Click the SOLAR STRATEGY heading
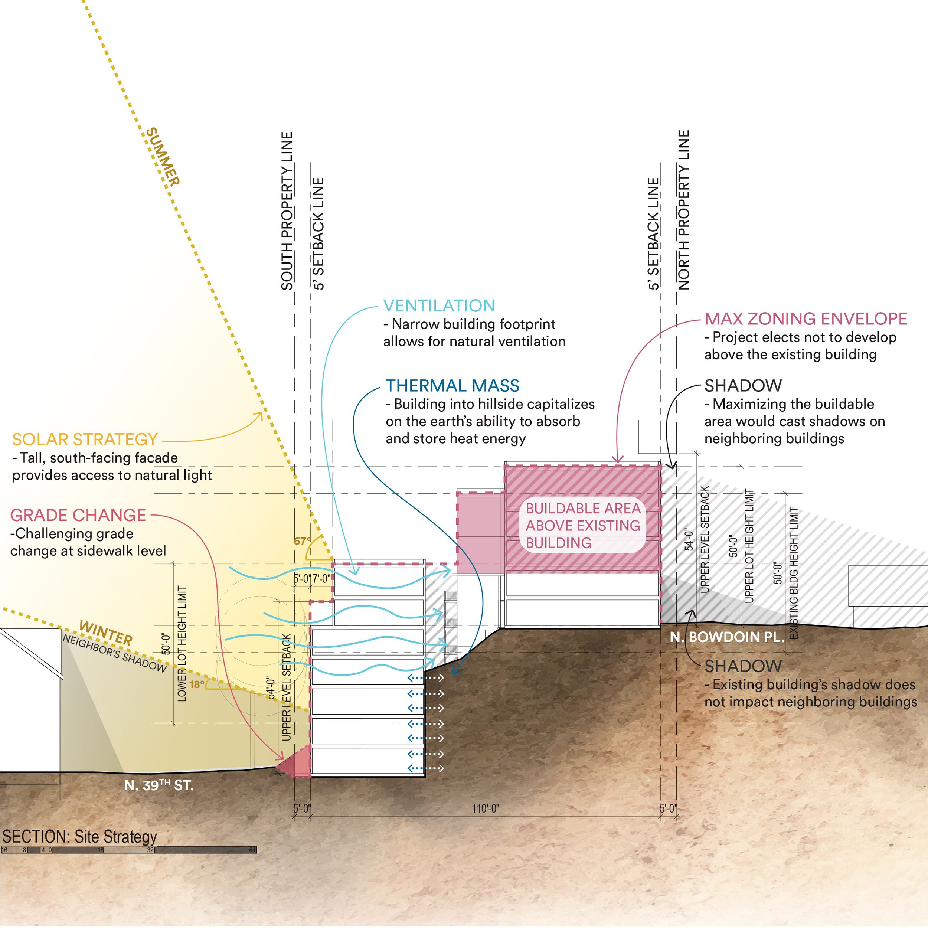click(x=85, y=440)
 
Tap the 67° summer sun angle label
click(x=302, y=541)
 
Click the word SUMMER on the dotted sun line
click(x=163, y=157)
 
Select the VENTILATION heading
click(x=438, y=306)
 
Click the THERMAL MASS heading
click(x=452, y=386)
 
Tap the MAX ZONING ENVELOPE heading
click(x=806, y=319)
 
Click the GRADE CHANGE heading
click(x=78, y=515)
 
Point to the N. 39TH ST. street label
click(x=159, y=785)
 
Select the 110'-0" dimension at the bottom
click(x=485, y=809)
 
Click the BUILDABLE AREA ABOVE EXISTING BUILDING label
click(x=583, y=526)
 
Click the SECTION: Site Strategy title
click(x=79, y=837)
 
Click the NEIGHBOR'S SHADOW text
click(x=114, y=653)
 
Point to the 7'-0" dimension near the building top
click(x=321, y=579)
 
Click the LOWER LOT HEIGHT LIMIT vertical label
click(x=182, y=644)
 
